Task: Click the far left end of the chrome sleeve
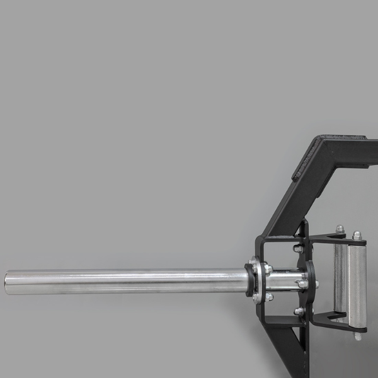tap(8, 282)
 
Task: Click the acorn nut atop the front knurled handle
tap(357, 235)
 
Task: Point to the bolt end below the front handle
tap(358, 335)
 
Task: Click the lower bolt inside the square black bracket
tap(299, 311)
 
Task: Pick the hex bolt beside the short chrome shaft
tap(302, 284)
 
